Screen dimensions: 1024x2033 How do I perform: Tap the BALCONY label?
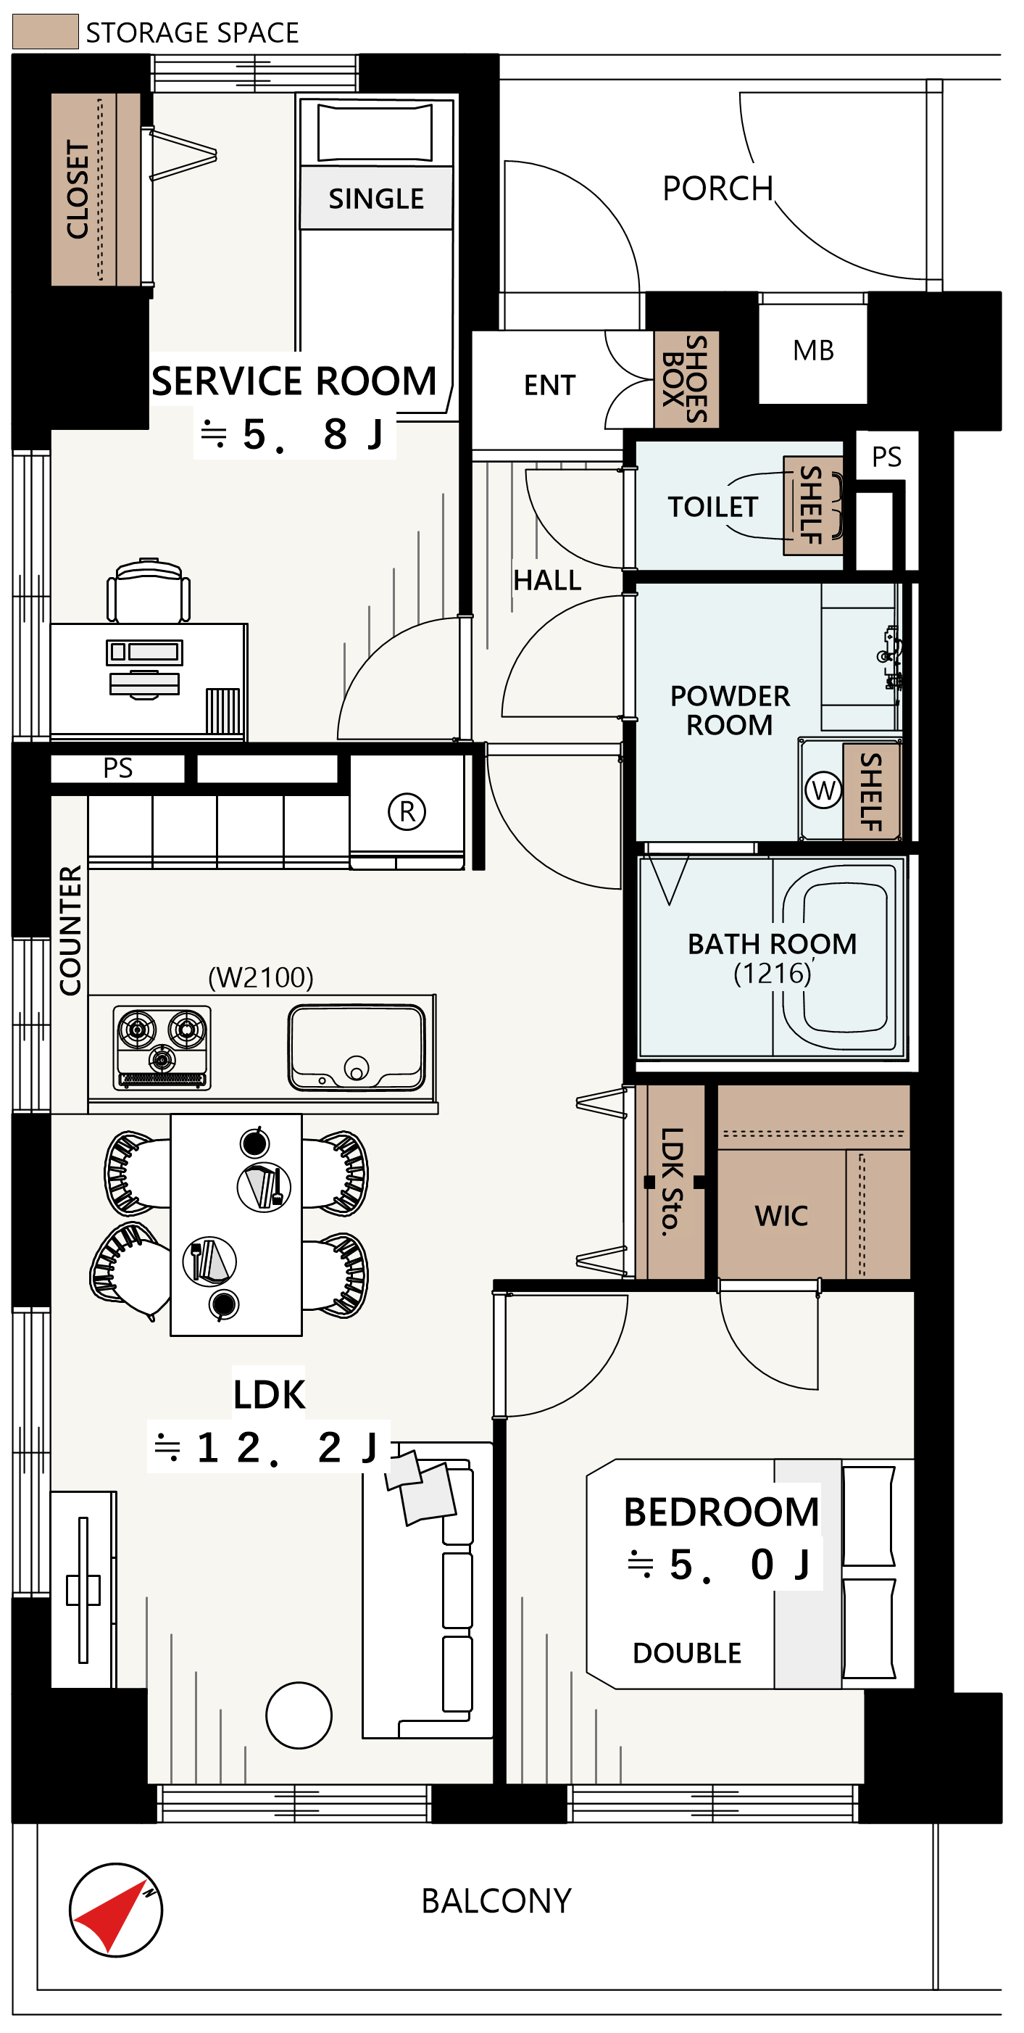click(x=496, y=1900)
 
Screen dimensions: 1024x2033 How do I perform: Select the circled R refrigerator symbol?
click(x=407, y=811)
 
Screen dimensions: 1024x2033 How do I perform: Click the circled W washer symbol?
click(x=823, y=790)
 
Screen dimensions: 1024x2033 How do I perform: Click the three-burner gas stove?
click(x=162, y=1047)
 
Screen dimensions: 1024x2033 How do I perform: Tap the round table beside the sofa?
click(x=299, y=1715)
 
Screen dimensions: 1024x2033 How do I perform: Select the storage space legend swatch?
click(x=45, y=32)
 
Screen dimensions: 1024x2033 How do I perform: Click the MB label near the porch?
click(x=813, y=349)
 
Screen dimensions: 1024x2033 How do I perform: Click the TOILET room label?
click(x=713, y=507)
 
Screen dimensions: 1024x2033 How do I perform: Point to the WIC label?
click(x=781, y=1216)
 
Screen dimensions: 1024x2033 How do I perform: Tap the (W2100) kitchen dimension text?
click(x=260, y=977)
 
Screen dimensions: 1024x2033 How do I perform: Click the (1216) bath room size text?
click(x=773, y=973)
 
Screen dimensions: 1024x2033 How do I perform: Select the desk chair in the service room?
click(x=149, y=590)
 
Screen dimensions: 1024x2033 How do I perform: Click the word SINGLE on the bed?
click(x=376, y=198)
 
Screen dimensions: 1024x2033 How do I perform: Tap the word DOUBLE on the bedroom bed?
click(x=686, y=1652)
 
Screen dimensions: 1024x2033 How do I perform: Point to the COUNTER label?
click(x=70, y=930)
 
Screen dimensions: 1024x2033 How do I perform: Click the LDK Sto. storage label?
click(x=671, y=1180)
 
